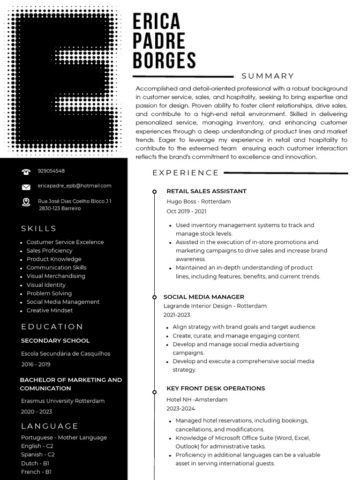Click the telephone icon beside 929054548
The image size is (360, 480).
coord(26,172)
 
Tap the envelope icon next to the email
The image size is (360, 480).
coord(26,187)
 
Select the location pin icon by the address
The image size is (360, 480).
coord(26,202)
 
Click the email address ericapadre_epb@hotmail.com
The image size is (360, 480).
coord(75,186)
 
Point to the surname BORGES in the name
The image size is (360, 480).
coord(164,61)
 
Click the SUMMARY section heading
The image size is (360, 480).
coord(268,76)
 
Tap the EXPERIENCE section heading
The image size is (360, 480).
coord(186,173)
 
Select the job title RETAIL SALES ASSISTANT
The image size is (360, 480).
coord(206,191)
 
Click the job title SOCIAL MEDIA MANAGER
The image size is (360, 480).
coord(203,297)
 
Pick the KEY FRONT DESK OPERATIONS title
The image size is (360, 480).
coord(216,388)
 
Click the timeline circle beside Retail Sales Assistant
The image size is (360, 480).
coord(154,192)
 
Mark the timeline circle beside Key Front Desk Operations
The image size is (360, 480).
coord(154,392)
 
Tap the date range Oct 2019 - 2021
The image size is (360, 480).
coord(186,211)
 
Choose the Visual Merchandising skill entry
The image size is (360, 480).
coord(56,276)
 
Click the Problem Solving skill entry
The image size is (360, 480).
coord(49,293)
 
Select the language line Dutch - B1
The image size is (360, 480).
coord(35,463)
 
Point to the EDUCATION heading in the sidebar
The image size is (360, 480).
coord(52,327)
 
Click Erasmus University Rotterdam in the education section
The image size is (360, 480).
coord(63,401)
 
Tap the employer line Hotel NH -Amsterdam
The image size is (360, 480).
coord(197,399)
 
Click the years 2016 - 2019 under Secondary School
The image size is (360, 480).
coord(36,364)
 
